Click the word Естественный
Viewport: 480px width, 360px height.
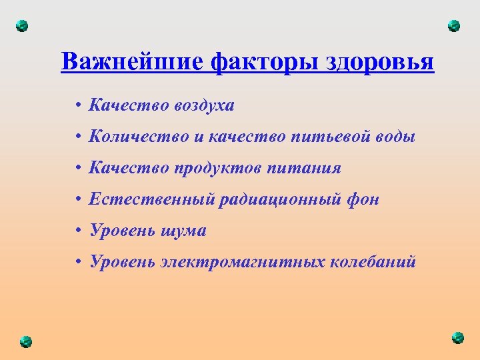(151, 199)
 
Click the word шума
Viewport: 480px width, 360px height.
(183, 231)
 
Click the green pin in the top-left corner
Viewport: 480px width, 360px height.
(22, 26)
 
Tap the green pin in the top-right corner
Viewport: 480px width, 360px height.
(454, 26)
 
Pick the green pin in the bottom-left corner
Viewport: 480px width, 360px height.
(25, 340)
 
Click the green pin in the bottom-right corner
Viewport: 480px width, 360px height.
(457, 337)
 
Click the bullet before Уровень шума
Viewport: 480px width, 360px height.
(78, 231)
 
